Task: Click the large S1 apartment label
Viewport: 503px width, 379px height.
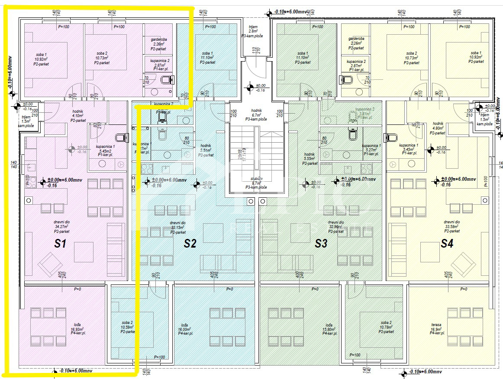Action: point(60,244)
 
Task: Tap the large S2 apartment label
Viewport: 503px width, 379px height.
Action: point(190,244)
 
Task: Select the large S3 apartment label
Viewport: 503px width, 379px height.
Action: point(321,244)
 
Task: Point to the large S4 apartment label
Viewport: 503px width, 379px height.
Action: point(447,244)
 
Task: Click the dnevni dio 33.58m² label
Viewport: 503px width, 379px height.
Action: point(451,226)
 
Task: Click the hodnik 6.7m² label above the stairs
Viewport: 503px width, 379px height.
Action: point(256,115)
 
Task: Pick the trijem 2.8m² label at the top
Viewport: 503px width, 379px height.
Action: point(253,32)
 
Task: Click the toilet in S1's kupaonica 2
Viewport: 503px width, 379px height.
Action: point(166,80)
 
